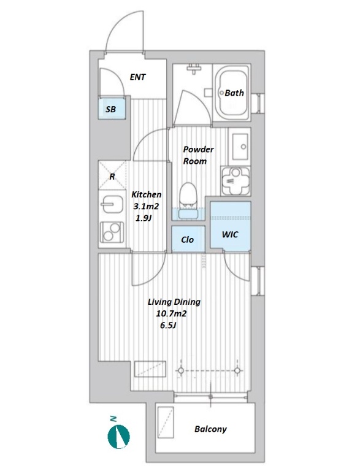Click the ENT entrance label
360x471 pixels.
137,77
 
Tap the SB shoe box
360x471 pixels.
112,107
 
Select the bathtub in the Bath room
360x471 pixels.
231,93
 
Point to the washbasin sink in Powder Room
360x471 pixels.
240,147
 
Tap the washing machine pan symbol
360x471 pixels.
236,180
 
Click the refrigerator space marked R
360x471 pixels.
112,176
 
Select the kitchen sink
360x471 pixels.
112,205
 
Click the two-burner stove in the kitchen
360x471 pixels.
112,232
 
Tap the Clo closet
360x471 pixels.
188,239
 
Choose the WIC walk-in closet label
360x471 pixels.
230,235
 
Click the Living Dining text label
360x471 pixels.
174,302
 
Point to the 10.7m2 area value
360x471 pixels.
171,314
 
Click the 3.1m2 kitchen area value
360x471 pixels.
146,206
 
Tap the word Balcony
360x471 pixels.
210,429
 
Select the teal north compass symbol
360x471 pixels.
119,435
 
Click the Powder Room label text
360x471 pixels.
198,155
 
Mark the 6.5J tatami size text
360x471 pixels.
168,325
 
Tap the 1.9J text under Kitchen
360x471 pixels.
143,218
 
